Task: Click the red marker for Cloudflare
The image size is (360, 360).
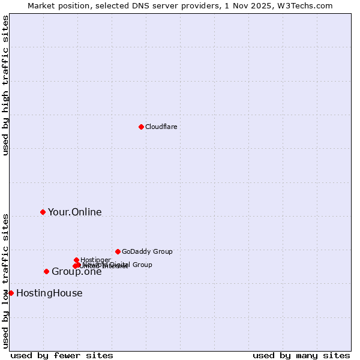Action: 141,127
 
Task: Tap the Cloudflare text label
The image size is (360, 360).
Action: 161,127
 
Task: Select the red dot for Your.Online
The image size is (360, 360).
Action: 43,212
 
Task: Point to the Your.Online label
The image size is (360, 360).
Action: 74,212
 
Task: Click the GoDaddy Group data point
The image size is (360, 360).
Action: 118,251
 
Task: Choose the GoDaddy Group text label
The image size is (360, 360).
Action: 147,251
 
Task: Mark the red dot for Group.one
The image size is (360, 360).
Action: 46,271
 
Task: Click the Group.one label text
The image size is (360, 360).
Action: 76,272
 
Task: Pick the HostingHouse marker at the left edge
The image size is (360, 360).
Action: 11,293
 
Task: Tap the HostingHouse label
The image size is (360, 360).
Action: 49,293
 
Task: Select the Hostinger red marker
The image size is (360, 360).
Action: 76,260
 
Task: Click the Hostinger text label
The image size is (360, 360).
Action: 95,260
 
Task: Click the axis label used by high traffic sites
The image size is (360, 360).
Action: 6,86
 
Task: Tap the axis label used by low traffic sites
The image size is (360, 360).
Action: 6,280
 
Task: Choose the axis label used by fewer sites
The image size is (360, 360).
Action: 62,355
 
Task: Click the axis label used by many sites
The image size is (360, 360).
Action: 301,355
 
